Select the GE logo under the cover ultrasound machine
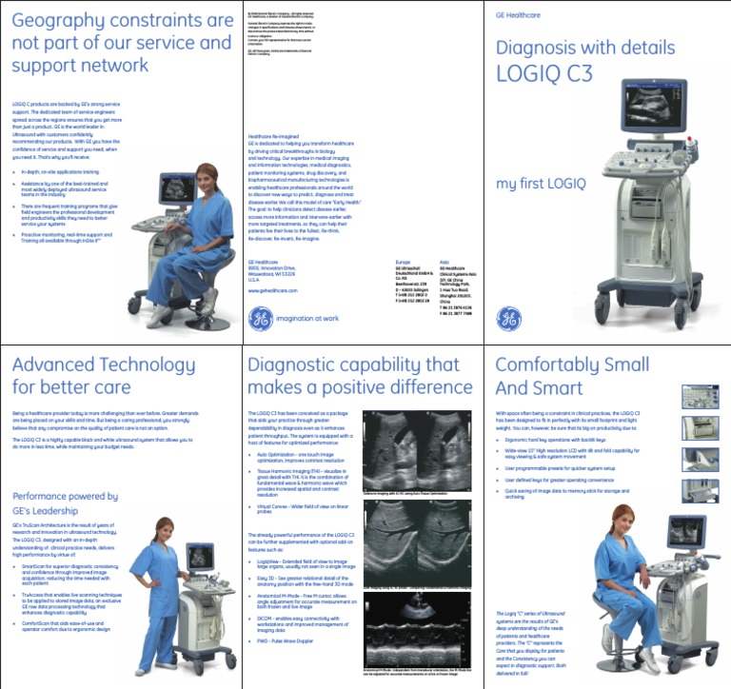pos(509,317)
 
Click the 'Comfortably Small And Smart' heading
pos(559,376)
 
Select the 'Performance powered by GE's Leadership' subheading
pos(65,502)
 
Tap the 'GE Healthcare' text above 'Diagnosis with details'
pos(514,16)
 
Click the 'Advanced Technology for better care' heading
pos(90,376)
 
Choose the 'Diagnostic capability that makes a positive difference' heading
pos(352,376)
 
